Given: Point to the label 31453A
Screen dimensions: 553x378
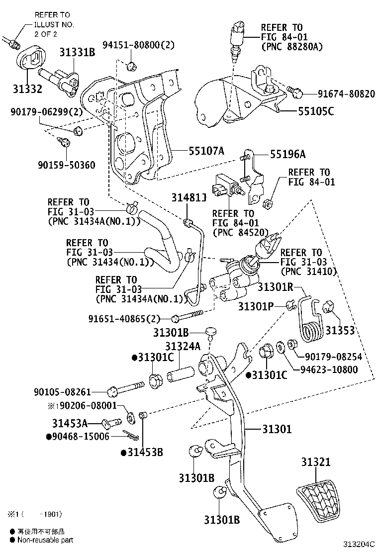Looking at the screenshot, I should pos(70,423).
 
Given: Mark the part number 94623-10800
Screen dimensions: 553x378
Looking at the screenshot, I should pos(329,369).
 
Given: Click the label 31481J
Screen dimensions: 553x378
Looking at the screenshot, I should pos(189,198).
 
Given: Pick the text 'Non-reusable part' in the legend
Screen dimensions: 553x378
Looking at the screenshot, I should pos(45,540).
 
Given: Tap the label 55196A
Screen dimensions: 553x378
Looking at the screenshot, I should pos(294,155).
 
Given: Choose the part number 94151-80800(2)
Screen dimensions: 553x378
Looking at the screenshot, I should pos(139,45).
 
